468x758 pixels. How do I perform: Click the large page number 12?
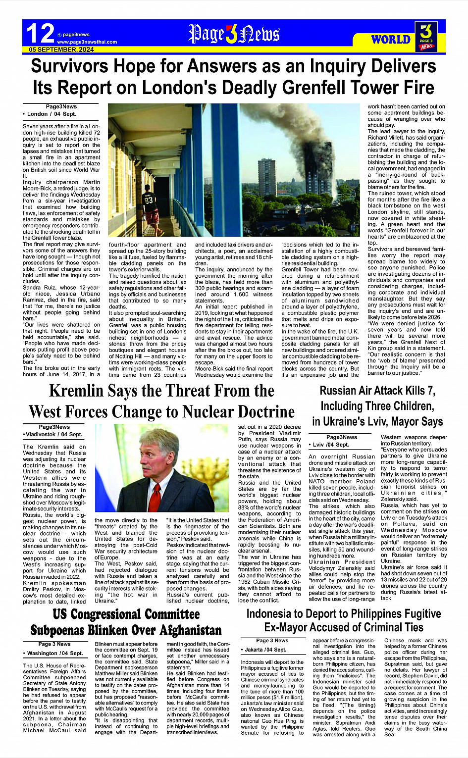tap(40, 34)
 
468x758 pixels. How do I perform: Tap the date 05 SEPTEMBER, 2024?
tap(61, 50)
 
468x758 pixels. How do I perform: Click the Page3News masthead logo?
tap(234, 35)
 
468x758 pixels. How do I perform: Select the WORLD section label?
tap(391, 40)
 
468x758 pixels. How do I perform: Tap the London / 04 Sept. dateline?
tap(50, 114)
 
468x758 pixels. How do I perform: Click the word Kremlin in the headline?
tap(82, 391)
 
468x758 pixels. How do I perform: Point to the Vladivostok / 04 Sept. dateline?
tap(53, 434)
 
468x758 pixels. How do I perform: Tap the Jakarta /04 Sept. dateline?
tap(265, 650)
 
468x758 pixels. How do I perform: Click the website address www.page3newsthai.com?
tap(87, 42)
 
